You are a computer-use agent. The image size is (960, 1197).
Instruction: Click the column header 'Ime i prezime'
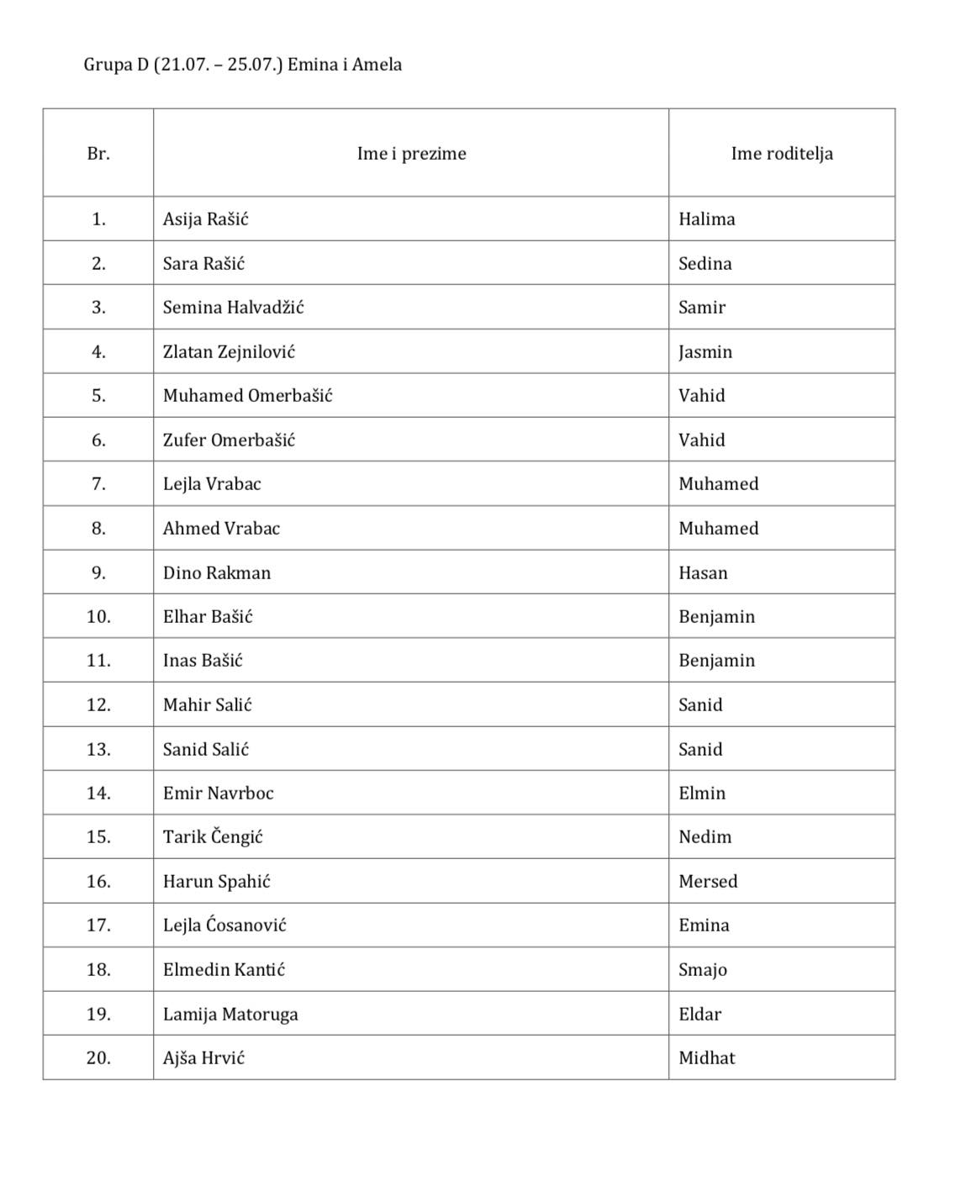tap(411, 154)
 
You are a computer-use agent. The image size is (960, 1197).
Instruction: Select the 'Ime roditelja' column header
tap(782, 154)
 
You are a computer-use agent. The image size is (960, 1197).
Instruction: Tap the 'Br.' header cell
tap(98, 154)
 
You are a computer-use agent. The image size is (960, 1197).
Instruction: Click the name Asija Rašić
tap(205, 219)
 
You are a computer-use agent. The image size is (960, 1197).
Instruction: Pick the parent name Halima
tap(706, 219)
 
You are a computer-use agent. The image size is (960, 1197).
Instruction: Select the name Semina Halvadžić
tap(233, 308)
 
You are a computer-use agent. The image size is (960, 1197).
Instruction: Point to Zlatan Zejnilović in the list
tap(229, 352)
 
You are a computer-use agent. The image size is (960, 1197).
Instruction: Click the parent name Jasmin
tap(705, 352)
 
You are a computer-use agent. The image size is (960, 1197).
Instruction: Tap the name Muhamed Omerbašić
tap(247, 396)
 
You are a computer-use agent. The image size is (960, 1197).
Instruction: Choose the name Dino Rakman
tap(217, 573)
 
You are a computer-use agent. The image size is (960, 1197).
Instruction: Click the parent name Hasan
tap(703, 573)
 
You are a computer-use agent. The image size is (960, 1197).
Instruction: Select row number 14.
tap(98, 794)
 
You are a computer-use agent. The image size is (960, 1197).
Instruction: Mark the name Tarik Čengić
tap(213, 837)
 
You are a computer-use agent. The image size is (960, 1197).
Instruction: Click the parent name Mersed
tap(708, 882)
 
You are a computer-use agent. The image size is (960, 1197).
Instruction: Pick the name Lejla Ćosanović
tap(224, 925)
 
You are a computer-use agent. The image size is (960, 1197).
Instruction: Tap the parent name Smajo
tap(703, 970)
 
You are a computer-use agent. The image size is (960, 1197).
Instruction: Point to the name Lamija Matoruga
tap(230, 1015)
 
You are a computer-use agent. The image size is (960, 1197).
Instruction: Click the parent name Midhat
tap(706, 1058)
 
